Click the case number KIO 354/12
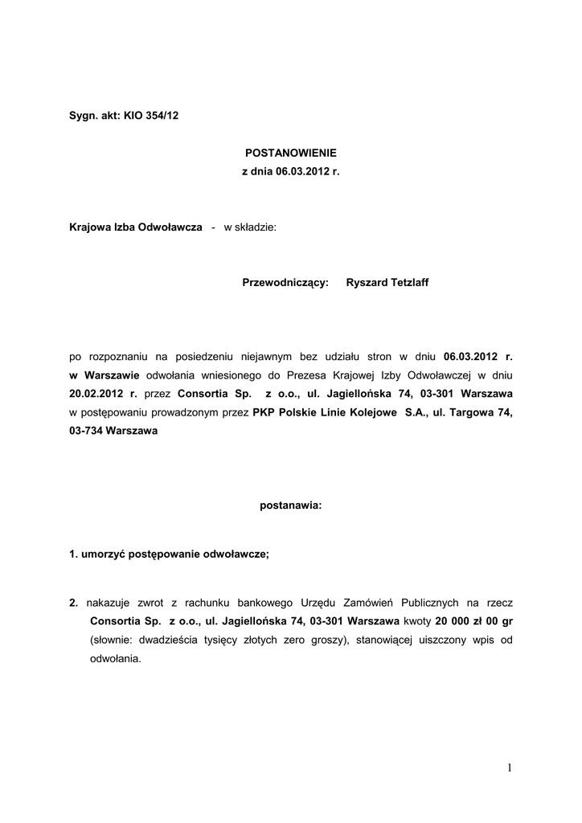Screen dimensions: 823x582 pyautogui.click(x=151, y=116)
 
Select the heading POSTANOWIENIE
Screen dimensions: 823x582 pyautogui.click(x=290, y=152)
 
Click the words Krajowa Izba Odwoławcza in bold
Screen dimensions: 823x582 pyautogui.click(x=135, y=227)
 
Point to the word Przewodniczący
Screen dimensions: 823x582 pyautogui.click(x=285, y=283)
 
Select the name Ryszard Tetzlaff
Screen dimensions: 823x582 pyautogui.click(x=387, y=283)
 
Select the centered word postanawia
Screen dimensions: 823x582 pyautogui.click(x=290, y=506)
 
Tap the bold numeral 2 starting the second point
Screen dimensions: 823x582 pyautogui.click(x=73, y=603)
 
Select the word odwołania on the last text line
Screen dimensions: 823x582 pyautogui.click(x=115, y=658)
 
